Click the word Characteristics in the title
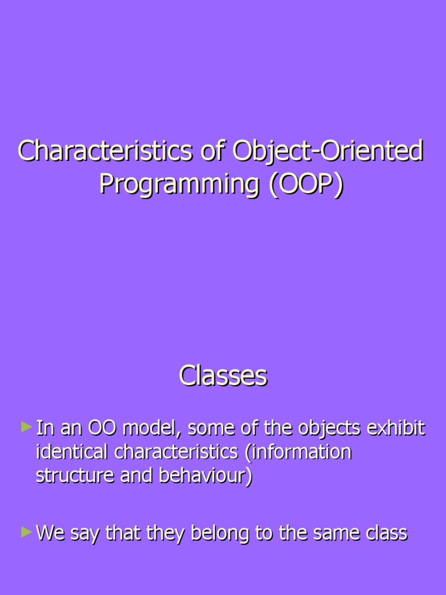point(105,152)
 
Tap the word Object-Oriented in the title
point(328,152)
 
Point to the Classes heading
point(223,376)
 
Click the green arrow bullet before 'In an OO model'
point(26,428)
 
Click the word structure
point(75,475)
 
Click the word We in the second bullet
point(51,533)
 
